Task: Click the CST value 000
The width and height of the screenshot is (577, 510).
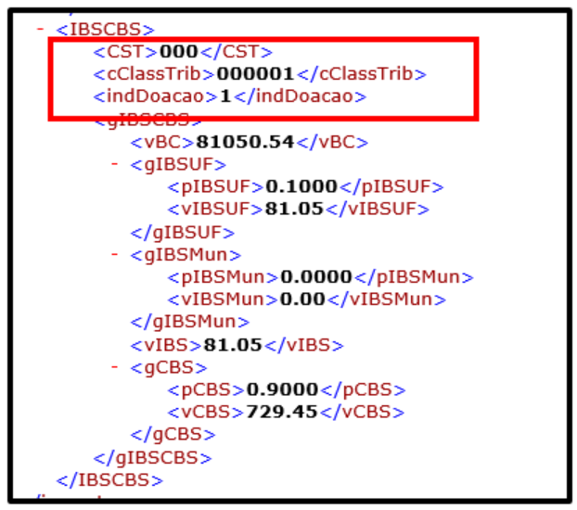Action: (179, 52)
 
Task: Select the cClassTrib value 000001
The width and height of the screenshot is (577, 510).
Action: (255, 74)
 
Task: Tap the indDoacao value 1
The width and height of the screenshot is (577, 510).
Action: (225, 96)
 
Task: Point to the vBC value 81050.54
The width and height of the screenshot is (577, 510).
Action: (245, 142)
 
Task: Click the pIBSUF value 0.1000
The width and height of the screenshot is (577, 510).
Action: (301, 186)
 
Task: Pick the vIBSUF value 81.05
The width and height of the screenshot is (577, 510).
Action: (294, 209)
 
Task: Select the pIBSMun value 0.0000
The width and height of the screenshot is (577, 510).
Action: (316, 276)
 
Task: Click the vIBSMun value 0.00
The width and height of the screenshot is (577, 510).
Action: (302, 300)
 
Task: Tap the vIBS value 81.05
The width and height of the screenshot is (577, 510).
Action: (233, 345)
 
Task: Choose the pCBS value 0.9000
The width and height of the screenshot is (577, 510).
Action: (282, 389)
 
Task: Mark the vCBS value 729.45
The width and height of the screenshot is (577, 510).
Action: (282, 412)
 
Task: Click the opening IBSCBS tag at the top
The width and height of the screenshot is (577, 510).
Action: (105, 30)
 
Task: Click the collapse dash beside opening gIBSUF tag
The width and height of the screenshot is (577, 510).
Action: (114, 164)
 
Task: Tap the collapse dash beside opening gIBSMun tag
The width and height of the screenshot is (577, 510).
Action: (114, 254)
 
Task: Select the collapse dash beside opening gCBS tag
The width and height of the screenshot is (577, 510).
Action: (114, 366)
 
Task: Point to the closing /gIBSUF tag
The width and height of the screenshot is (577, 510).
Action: (183, 233)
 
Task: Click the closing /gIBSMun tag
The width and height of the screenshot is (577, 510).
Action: (190, 322)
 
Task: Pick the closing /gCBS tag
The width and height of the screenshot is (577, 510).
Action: (173, 435)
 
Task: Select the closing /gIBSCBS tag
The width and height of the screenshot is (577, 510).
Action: (153, 458)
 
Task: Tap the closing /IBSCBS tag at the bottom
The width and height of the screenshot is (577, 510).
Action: (109, 480)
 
